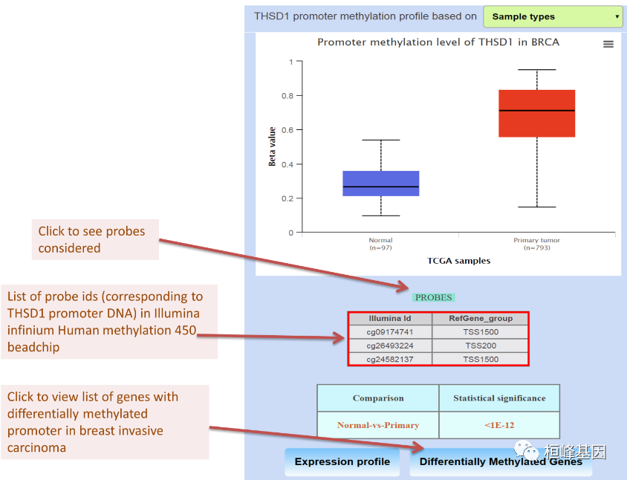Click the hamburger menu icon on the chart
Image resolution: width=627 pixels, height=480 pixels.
tap(608, 45)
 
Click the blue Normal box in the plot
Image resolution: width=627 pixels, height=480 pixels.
tap(380, 183)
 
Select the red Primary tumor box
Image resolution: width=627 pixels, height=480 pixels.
tap(536, 113)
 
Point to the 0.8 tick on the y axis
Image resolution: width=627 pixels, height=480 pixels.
tap(289, 96)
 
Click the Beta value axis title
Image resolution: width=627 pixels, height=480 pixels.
tap(273, 146)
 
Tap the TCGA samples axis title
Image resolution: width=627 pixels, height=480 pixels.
tap(458, 261)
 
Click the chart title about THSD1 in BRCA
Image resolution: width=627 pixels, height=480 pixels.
tap(438, 42)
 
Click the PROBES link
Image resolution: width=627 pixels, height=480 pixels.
tap(434, 297)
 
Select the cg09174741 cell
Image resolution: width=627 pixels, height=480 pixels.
tap(390, 332)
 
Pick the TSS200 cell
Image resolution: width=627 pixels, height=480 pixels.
tap(481, 346)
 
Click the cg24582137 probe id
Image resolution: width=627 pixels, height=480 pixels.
tap(390, 359)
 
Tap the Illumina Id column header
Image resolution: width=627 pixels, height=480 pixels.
tap(390, 319)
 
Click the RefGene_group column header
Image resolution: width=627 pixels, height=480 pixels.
tap(481, 319)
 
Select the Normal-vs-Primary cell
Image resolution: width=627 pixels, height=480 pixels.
tap(378, 425)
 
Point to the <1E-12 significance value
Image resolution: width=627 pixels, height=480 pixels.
tap(498, 425)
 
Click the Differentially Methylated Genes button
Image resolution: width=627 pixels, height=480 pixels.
tap(501, 461)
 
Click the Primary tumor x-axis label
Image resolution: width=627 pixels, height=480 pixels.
tap(536, 241)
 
